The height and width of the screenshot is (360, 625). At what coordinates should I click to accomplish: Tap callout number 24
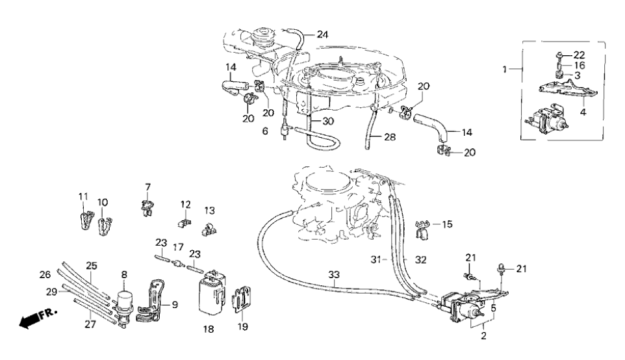[x=322, y=34]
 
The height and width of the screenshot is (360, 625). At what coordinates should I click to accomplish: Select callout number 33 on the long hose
[x=333, y=275]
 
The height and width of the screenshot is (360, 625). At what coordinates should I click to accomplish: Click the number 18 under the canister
[x=209, y=329]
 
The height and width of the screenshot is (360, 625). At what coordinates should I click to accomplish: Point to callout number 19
[x=242, y=327]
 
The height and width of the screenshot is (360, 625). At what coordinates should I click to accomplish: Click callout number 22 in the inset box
[x=579, y=55]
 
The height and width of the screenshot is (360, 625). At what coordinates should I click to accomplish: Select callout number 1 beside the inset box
[x=505, y=68]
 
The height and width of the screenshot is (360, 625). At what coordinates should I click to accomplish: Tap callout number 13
[x=209, y=211]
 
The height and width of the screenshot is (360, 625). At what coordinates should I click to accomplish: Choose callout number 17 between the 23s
[x=178, y=247]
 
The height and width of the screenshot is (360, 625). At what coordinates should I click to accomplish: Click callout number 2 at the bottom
[x=483, y=336]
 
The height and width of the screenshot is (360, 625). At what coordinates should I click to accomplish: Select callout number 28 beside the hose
[x=389, y=137]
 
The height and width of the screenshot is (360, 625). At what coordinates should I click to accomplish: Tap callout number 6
[x=265, y=131]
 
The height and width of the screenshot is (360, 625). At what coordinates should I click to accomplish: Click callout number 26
[x=45, y=274]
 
